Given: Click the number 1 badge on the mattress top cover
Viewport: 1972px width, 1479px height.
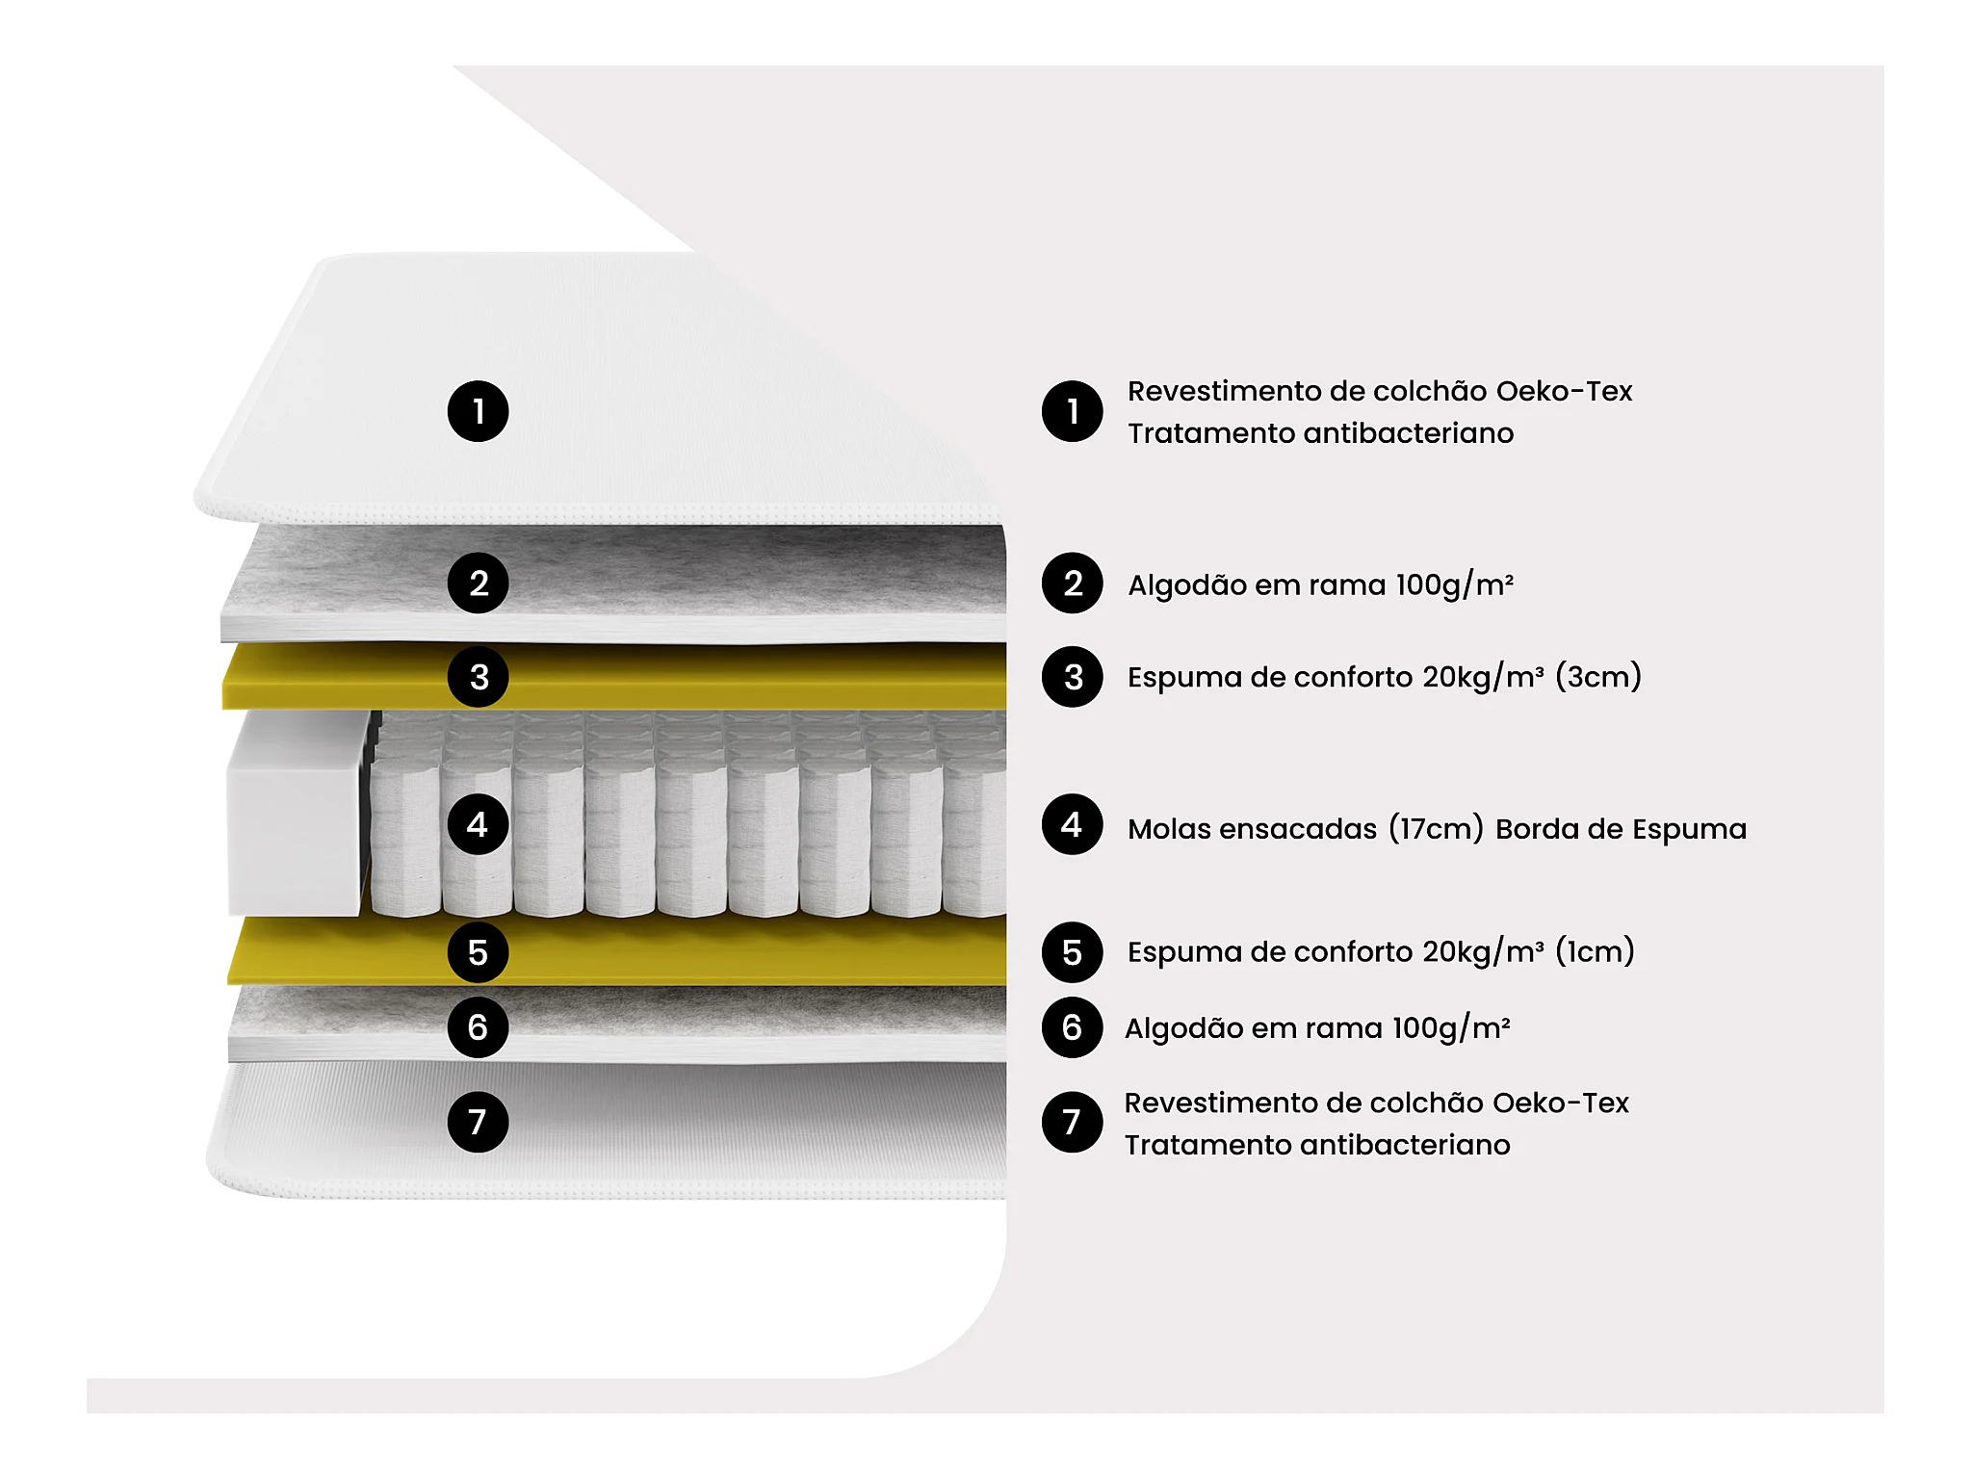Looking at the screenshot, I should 478,412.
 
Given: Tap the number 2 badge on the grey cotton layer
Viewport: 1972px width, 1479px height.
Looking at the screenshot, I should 478,584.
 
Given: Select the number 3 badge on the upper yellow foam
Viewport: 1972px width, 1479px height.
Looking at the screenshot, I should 478,677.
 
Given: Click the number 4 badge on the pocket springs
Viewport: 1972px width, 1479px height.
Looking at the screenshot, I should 478,825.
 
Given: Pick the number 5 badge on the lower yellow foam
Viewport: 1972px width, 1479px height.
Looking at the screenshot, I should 478,952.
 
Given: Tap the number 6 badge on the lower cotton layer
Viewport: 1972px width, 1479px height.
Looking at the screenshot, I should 478,1027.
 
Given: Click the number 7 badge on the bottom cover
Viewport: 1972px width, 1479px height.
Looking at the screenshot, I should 478,1122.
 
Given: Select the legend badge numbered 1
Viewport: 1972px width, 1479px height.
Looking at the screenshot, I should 1072,412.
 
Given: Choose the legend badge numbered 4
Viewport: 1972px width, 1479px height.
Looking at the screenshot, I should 1072,825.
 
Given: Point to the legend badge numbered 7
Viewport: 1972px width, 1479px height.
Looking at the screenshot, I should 1072,1122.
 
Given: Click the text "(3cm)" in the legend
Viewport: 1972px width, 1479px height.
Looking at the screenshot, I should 1598,677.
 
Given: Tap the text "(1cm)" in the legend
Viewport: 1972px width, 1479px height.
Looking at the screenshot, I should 1595,952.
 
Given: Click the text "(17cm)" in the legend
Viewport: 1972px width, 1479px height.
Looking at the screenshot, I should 1436,829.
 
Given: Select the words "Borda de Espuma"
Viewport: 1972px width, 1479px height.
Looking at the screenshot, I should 1621,829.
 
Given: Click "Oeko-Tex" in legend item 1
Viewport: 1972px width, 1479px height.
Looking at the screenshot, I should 1564,392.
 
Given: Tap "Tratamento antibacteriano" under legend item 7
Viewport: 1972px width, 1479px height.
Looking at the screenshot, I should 1317,1146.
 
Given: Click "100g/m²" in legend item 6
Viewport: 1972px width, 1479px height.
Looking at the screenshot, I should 1451,1028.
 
